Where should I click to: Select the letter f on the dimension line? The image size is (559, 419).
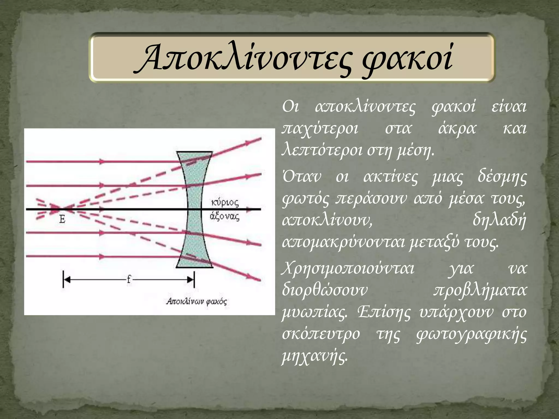pyautogui.click(x=129, y=279)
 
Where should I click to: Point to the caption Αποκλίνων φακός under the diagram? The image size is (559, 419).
pyautogui.click(x=197, y=301)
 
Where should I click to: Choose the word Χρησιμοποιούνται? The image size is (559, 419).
pyautogui.click(x=348, y=269)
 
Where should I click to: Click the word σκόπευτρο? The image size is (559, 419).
pyautogui.click(x=321, y=334)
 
